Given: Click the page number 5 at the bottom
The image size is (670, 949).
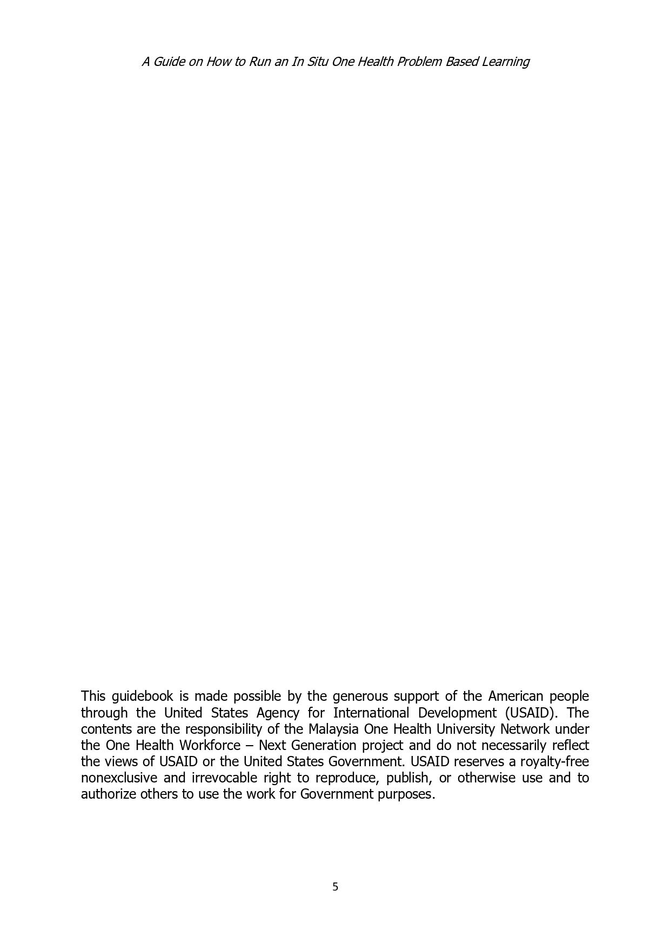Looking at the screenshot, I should tap(335, 887).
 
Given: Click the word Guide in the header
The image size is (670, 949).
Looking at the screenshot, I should tap(169, 62).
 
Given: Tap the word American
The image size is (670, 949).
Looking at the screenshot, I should tap(515, 696).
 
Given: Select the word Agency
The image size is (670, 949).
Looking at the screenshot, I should tap(278, 713).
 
